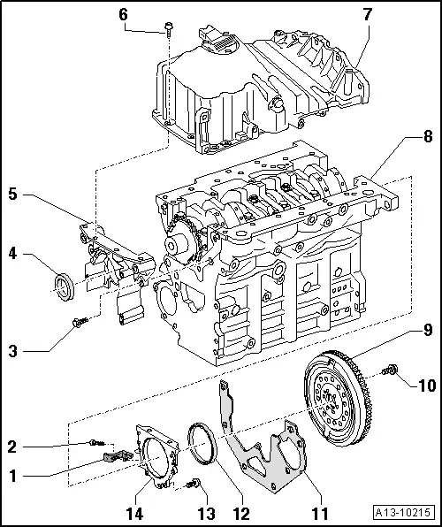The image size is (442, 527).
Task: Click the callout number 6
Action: [123, 14]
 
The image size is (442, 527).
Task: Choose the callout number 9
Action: [428, 331]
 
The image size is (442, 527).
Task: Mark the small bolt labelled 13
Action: [195, 482]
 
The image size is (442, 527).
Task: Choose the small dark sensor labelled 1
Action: [111, 456]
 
